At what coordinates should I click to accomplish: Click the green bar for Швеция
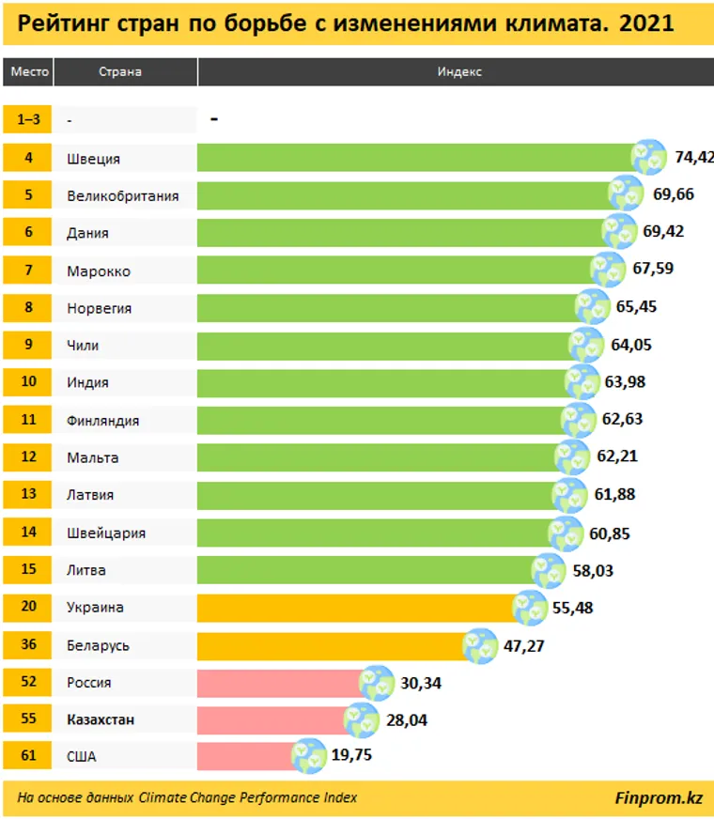pyautogui.click(x=413, y=158)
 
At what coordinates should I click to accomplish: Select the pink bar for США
pyautogui.click(x=244, y=755)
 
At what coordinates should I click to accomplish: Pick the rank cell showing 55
pyautogui.click(x=28, y=719)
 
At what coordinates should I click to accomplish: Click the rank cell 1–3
pyautogui.click(x=28, y=120)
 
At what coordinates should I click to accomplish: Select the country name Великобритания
pyautogui.click(x=122, y=195)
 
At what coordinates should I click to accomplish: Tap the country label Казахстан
pyautogui.click(x=101, y=719)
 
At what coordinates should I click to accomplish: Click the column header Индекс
pyautogui.click(x=459, y=72)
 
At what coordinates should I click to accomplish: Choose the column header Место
pyautogui.click(x=28, y=72)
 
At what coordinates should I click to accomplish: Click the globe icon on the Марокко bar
pyautogui.click(x=607, y=270)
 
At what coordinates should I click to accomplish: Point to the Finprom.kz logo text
pyautogui.click(x=658, y=798)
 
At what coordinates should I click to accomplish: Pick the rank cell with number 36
pyautogui.click(x=28, y=645)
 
